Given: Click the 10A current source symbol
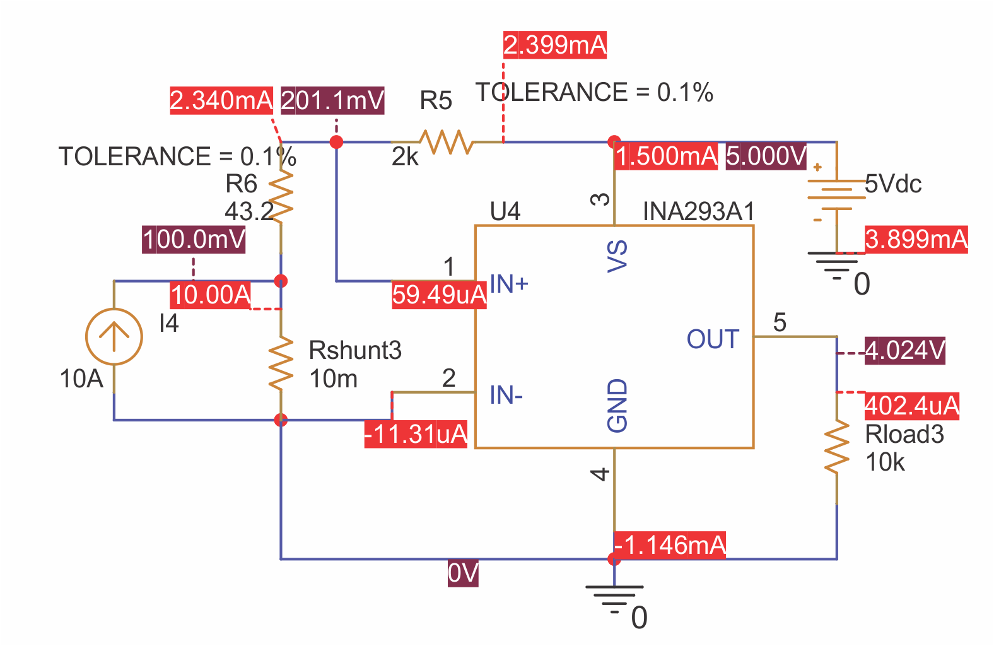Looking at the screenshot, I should click(x=114, y=336).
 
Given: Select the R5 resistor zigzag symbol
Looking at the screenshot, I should click(x=447, y=142).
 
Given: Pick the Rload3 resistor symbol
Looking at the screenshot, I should click(x=837, y=448).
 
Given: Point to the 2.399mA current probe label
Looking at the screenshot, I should click(x=554, y=45).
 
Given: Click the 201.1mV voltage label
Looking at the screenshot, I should click(x=332, y=101).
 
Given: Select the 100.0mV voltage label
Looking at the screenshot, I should click(x=194, y=240).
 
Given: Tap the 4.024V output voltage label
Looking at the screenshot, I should click(x=904, y=350).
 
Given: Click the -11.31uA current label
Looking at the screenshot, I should click(x=416, y=435).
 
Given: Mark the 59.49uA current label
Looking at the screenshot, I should click(x=439, y=295).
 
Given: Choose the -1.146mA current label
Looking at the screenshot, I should click(x=670, y=545).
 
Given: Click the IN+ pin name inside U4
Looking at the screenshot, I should click(x=509, y=285).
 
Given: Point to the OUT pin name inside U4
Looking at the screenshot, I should click(x=713, y=339).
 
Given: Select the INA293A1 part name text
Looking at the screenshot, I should click(x=698, y=212).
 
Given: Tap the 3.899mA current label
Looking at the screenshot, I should click(x=916, y=240).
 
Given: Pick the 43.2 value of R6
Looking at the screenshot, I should click(x=249, y=212).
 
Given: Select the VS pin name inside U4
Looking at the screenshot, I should click(x=617, y=255).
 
